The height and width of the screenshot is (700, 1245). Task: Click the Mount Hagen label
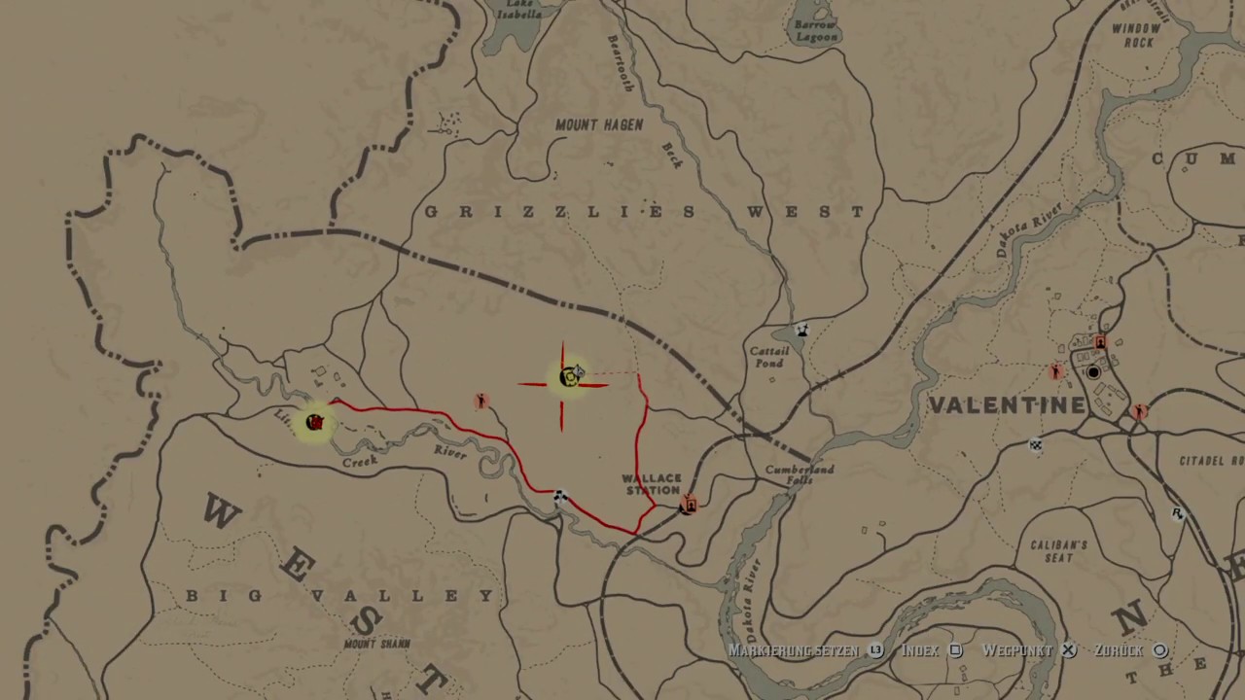coord(599,125)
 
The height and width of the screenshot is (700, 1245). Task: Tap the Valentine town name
coord(1007,405)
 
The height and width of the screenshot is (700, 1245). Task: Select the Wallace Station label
coord(652,484)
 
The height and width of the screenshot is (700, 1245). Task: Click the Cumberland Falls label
coord(800,474)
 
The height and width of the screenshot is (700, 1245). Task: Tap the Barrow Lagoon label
coord(815,30)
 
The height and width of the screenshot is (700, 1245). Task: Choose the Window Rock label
coord(1136,36)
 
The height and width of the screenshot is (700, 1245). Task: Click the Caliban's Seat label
coord(1058,551)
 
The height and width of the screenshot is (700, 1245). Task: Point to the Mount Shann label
coord(376,644)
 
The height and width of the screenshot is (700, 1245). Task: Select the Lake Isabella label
coord(519,9)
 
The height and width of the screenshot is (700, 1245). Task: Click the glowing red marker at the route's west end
coord(314,422)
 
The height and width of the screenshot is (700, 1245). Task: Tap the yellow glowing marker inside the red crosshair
coord(569,377)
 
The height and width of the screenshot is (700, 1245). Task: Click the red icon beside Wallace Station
coord(689,504)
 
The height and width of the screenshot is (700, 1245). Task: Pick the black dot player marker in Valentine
coord(1093,372)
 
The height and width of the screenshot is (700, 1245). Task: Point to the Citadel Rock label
coord(1211,461)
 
